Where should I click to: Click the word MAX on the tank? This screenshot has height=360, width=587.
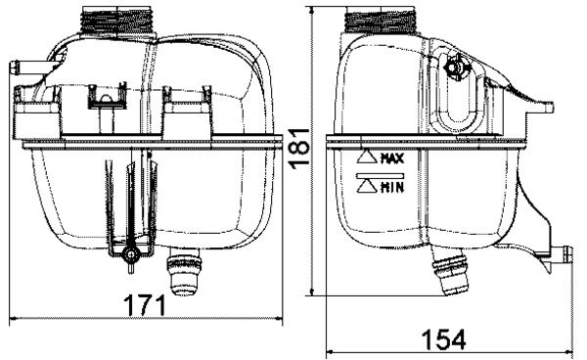click(x=392, y=157)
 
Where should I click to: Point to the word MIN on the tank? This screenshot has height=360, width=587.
click(x=392, y=185)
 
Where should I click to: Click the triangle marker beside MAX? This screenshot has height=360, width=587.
click(x=368, y=157)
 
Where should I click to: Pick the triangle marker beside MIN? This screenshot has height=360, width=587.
click(x=368, y=185)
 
